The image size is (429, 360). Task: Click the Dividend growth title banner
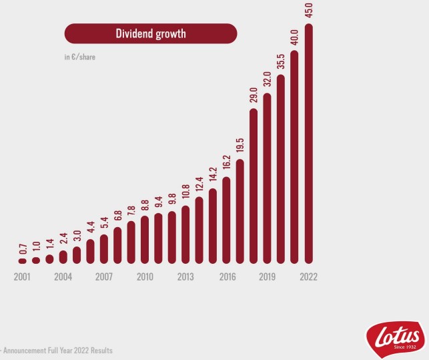pyautogui.click(x=150, y=33)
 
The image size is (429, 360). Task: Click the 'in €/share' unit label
pyautogui.click(x=79, y=57)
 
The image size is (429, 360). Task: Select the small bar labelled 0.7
pyautogui.click(x=23, y=260)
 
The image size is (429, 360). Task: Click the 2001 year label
pyautogui.click(x=23, y=277)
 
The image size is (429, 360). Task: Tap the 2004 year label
pyautogui.click(x=63, y=277)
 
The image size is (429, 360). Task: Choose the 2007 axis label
pyautogui.click(x=104, y=277)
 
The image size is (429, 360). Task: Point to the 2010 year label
pyautogui.click(x=145, y=277)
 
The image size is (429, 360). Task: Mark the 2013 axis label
pyautogui.click(x=185, y=277)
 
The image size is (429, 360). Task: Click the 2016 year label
pyautogui.click(x=227, y=277)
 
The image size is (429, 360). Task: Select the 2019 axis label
pyautogui.click(x=268, y=277)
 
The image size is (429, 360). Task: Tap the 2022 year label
pyautogui.click(x=308, y=277)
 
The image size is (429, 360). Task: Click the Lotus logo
pyautogui.click(x=394, y=336)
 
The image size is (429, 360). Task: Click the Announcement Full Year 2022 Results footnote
pyautogui.click(x=57, y=350)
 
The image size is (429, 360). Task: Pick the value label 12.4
pyautogui.click(x=199, y=184)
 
